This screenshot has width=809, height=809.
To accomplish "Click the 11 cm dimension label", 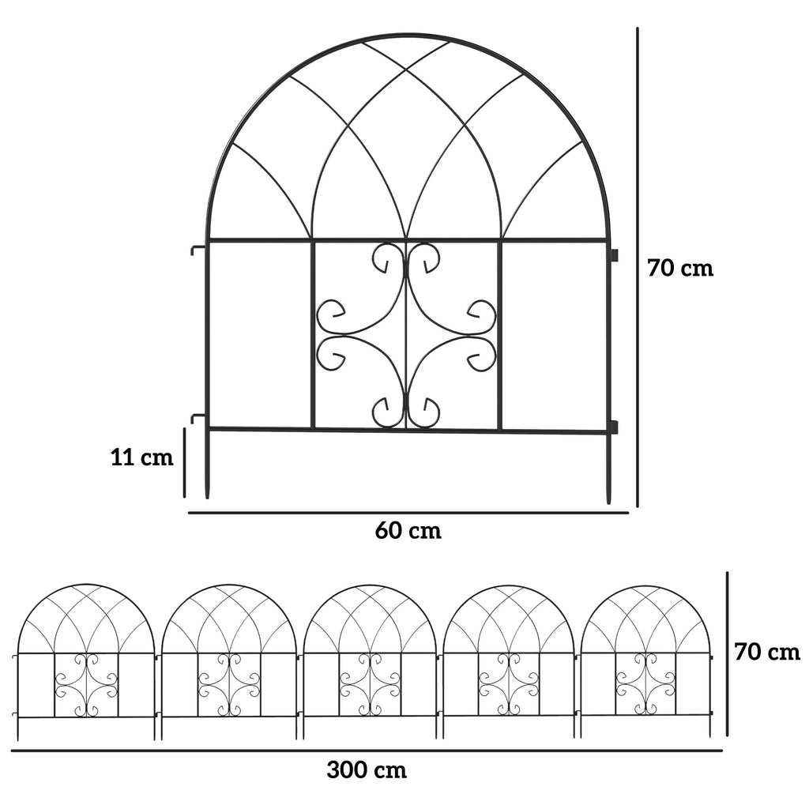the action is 142,457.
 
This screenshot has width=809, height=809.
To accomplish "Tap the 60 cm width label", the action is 408,530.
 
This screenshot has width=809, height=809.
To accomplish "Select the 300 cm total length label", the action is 367,770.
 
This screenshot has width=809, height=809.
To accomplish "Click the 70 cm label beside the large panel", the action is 680,269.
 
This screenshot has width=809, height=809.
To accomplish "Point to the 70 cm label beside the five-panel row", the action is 767,652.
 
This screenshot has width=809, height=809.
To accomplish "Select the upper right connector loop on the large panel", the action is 614,255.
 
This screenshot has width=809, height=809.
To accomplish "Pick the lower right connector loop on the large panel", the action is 614,427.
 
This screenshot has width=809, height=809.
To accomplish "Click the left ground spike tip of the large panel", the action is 208,499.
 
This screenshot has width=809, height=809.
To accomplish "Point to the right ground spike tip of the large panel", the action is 608,503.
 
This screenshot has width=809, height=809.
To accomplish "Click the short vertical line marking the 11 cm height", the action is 184,462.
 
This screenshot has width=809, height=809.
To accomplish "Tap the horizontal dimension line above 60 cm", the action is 408,513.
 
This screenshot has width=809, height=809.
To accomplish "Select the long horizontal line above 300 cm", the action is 367,751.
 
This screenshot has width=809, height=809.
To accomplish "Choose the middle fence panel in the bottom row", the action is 369,662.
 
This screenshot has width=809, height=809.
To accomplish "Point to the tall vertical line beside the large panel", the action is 638,267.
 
